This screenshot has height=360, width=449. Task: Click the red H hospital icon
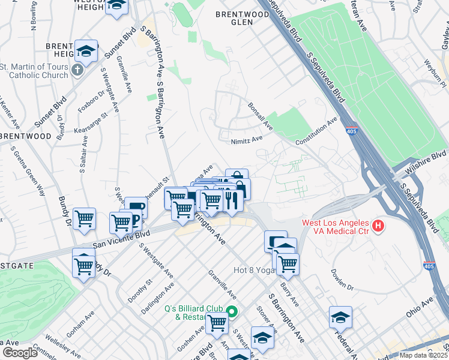click(x=378, y=226)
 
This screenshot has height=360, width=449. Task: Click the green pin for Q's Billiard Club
click(x=232, y=311)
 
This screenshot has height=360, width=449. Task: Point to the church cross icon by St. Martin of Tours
click(x=76, y=71)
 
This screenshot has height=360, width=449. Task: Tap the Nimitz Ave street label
click(x=247, y=140)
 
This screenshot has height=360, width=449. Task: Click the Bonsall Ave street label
click(x=260, y=116)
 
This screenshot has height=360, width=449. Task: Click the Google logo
click(x=20, y=353)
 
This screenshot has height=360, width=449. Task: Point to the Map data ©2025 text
click(x=423, y=355)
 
